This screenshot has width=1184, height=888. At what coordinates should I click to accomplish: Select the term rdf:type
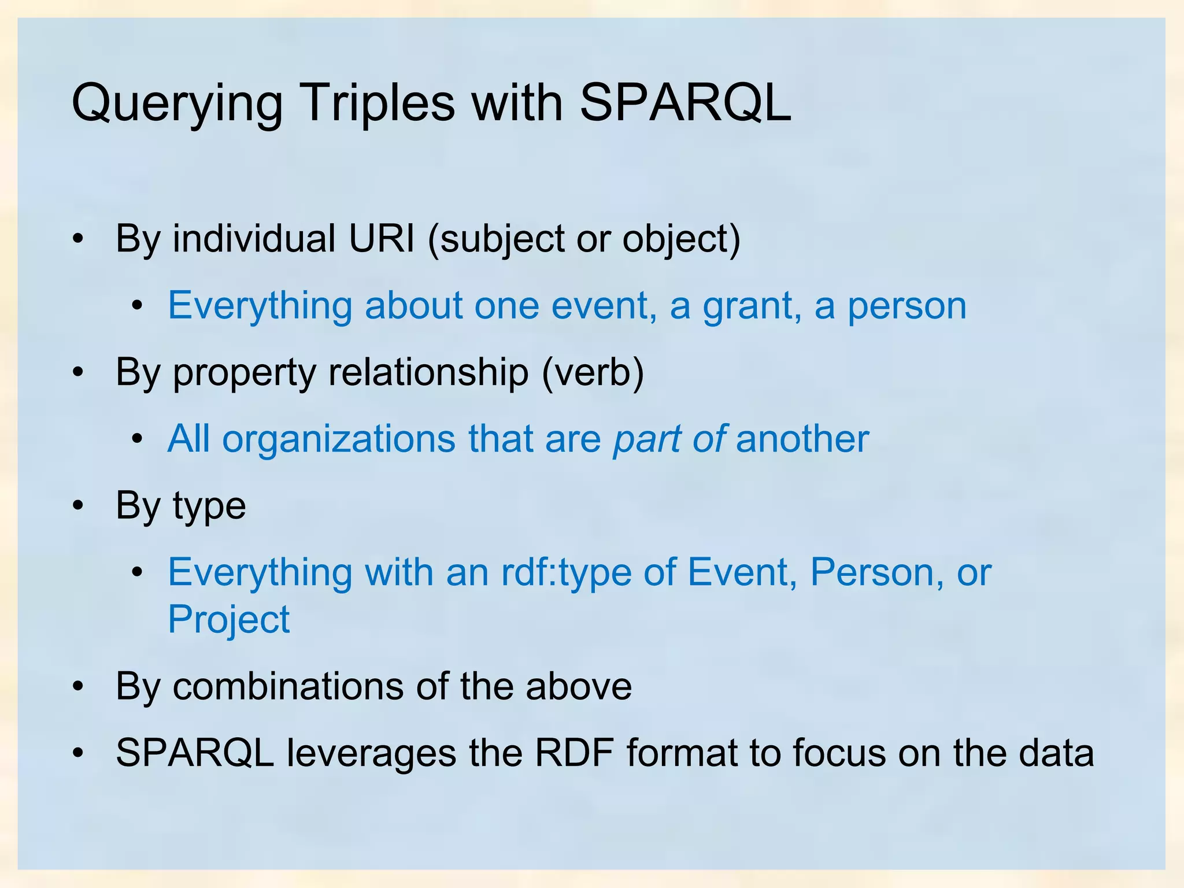pyautogui.click(x=566, y=572)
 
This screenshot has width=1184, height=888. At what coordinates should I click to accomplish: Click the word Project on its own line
pyautogui.click(x=228, y=620)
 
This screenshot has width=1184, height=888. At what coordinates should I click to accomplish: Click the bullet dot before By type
pyautogui.click(x=79, y=506)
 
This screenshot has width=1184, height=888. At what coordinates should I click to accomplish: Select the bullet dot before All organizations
pyautogui.click(x=137, y=439)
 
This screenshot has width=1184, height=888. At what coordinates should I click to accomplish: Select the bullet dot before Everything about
pyautogui.click(x=137, y=306)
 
